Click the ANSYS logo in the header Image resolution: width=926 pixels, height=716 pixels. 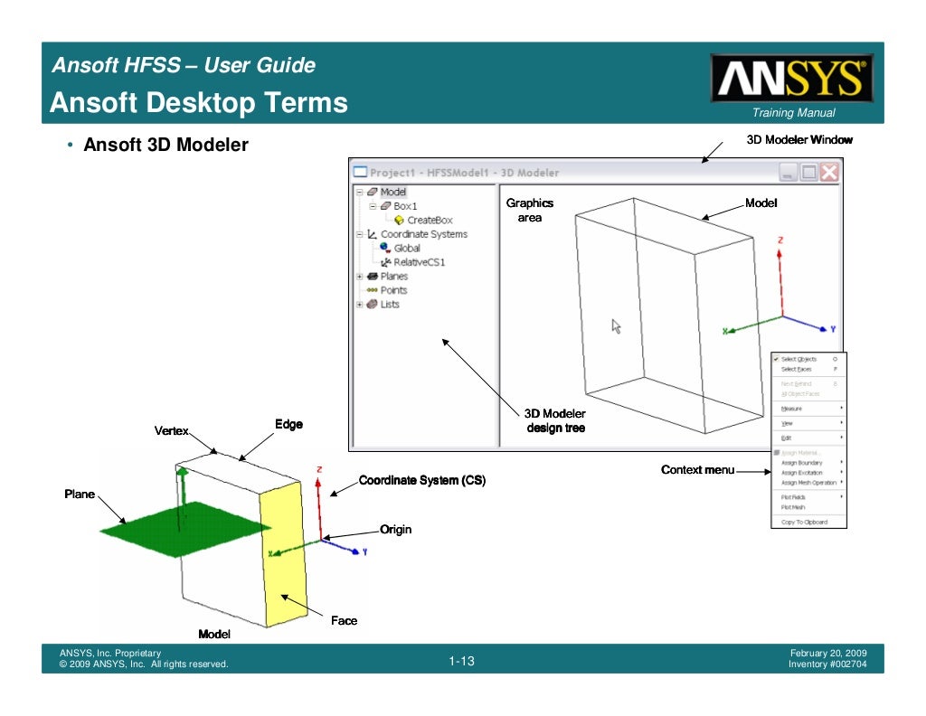pos(791,79)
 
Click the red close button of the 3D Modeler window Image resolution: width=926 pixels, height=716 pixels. pos(828,173)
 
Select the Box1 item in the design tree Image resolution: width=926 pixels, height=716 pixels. pos(405,206)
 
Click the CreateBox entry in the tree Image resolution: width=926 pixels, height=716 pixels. pos(430,220)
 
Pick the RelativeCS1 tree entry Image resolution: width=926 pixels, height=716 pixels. pos(419,262)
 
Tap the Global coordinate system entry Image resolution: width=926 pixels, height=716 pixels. pos(406,248)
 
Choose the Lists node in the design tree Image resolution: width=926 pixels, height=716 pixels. pos(389,305)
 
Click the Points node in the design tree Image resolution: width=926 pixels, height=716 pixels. pos(393,290)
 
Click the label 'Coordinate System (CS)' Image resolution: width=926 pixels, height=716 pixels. pos(422,480)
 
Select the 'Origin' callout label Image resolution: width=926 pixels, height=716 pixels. pos(395,529)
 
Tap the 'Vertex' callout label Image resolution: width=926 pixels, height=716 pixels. pos(171,431)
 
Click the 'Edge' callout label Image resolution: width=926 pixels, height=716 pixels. pos(288,424)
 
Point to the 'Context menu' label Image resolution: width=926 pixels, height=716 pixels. pos(696,470)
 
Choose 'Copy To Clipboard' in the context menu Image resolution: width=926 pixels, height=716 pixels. pos(804,522)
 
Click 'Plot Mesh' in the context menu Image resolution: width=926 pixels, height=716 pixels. pos(793,507)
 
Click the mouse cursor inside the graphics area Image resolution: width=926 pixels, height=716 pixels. pos(616,325)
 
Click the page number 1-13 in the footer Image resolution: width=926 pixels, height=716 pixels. pos(461,663)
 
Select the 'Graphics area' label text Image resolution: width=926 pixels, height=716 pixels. pos(529,211)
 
